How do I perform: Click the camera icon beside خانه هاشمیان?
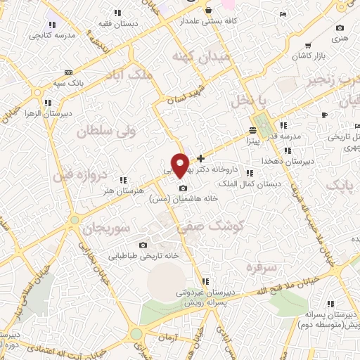(183, 188)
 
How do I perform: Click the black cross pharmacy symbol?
(202, 158)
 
